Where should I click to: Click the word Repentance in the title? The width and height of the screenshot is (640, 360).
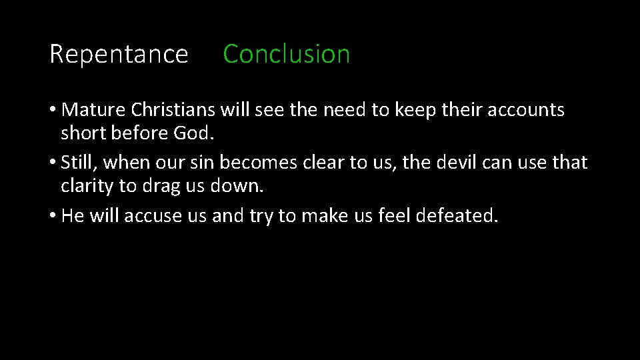point(119,54)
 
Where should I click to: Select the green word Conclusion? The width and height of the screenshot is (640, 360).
point(286,54)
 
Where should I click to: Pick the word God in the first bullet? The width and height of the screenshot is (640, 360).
point(194,133)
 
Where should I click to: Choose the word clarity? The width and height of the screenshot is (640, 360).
point(87,185)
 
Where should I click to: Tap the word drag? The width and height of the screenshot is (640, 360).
point(159,186)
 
